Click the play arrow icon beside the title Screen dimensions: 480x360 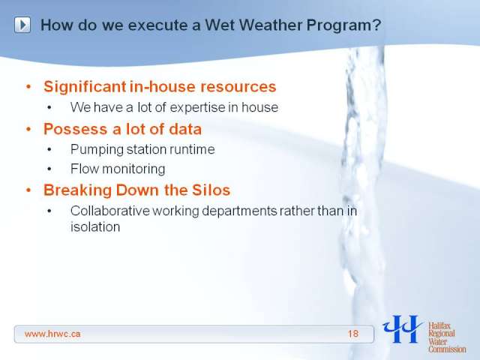tap(22, 25)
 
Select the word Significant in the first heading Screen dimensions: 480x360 tap(85, 87)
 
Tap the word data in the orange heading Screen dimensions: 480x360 tap(185, 129)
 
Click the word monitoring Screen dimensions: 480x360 tap(133, 169)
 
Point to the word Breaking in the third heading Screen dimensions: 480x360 tap(78, 190)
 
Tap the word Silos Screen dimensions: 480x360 tap(211, 190)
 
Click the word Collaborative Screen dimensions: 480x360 tap(110, 211)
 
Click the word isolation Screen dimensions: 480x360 tap(95, 227)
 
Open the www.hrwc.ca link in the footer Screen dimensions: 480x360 tap(52, 334)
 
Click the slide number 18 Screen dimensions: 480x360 tap(353, 334)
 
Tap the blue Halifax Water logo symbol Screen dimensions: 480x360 tap(402, 328)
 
